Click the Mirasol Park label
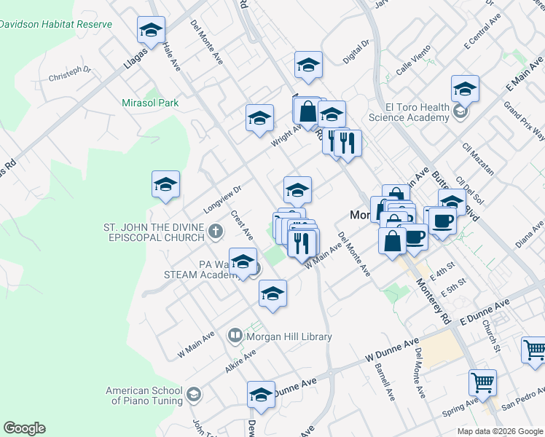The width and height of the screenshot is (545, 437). coord(151,103)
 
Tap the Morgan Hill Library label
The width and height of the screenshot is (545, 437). coord(289,336)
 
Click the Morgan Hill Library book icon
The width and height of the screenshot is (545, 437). coord(235,336)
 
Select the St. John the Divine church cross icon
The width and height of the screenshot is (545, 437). coord(214,232)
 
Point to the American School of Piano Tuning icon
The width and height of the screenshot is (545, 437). coord(194,395)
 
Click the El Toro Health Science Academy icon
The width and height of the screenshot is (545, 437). coord(460,111)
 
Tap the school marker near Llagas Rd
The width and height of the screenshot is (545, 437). coord(151,31)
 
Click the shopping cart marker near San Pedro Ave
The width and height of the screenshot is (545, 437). coord(482,381)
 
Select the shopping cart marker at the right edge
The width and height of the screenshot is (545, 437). coord(534,350)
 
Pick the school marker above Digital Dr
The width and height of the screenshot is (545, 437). coord(308,66)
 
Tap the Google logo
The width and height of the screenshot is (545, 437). coord(24,428)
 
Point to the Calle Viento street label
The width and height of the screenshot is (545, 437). coord(415,65)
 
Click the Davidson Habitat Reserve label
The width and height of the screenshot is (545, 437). coord(56,24)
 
